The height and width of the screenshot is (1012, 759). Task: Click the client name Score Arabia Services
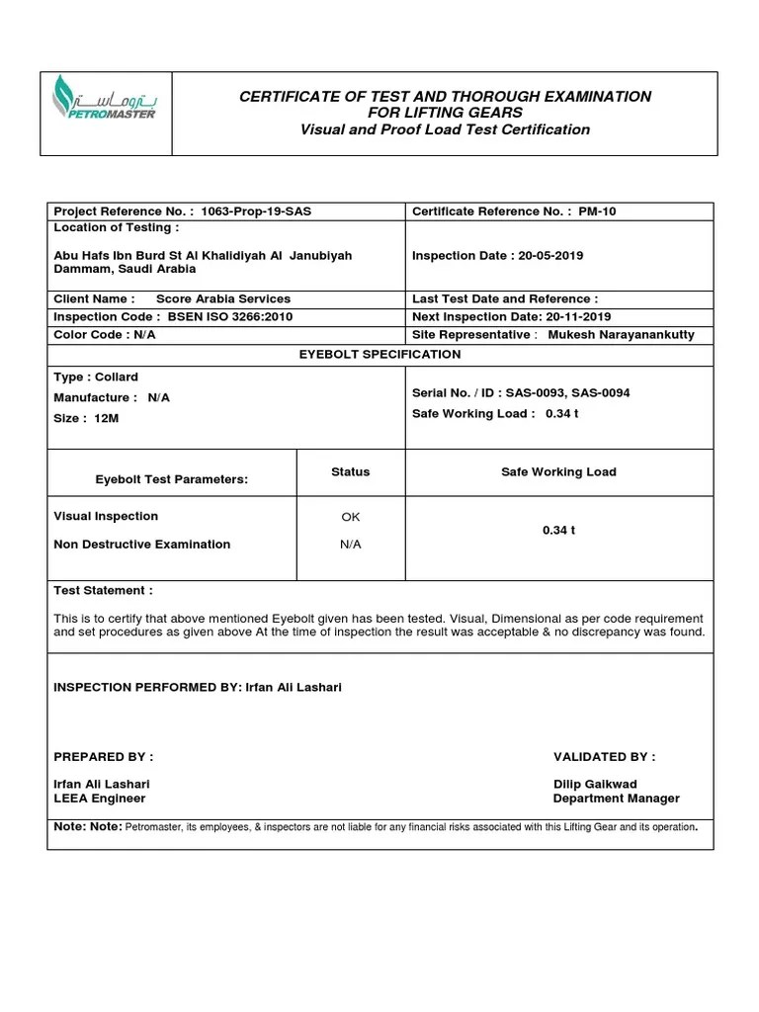(223, 298)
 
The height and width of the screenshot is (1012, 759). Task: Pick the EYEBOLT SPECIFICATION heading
(380, 354)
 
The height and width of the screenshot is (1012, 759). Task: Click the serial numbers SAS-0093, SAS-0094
(567, 393)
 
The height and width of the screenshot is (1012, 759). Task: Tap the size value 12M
(106, 419)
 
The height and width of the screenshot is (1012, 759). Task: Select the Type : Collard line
(96, 378)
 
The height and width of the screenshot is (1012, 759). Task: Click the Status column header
(350, 472)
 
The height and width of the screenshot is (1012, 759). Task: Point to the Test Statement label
(103, 591)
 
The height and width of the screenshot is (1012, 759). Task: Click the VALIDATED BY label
(603, 757)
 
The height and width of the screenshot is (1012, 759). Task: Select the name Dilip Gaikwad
(595, 785)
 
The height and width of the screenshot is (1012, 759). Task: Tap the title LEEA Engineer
(99, 799)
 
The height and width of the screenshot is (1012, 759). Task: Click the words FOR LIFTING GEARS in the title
(445, 113)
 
